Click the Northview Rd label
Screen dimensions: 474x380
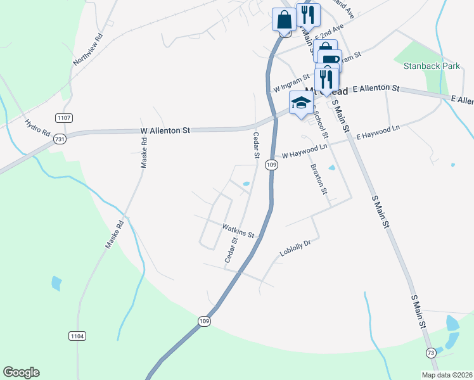pos(88,50)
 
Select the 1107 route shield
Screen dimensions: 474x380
pos(64,118)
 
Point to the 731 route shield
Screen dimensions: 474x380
pos(60,139)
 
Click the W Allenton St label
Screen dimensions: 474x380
pos(165,130)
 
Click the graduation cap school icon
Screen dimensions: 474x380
pos(301,102)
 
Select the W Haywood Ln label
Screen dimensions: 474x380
pos(304,151)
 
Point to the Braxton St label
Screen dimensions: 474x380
pos(318,179)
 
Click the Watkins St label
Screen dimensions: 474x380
pos(238,230)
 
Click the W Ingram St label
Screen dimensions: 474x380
pos(290,83)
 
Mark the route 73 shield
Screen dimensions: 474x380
pos(431,352)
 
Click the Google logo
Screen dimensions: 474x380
pos(21,372)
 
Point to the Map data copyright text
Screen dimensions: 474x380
pos(447,375)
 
